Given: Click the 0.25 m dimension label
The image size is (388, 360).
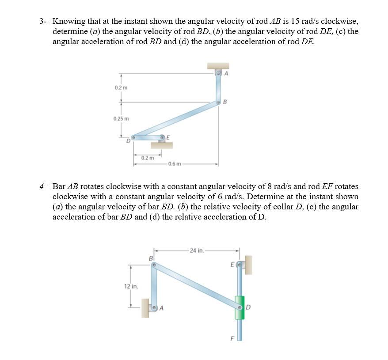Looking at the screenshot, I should click(120, 119).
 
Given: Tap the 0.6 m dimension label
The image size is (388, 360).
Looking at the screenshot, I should click(174, 164).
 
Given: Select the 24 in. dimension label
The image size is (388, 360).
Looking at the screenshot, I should click(196, 250).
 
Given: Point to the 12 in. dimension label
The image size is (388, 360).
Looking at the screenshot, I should click(131, 286).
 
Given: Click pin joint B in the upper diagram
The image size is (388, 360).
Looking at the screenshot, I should click(218, 102).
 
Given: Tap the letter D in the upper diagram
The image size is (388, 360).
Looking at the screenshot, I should click(128, 141).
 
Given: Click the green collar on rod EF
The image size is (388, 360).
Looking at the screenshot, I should click(239, 307).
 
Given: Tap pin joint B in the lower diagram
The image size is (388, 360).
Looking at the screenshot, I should click(153, 265).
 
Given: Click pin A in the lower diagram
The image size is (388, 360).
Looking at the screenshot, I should click(154, 307).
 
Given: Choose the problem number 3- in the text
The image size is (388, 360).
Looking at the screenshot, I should click(42, 21).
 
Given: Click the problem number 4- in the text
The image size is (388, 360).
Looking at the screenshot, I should click(42, 186).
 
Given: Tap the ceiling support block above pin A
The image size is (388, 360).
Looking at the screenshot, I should click(218, 66).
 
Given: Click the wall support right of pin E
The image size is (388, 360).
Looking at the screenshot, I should click(248, 264).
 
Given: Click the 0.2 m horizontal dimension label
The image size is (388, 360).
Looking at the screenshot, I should click(148, 158).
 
